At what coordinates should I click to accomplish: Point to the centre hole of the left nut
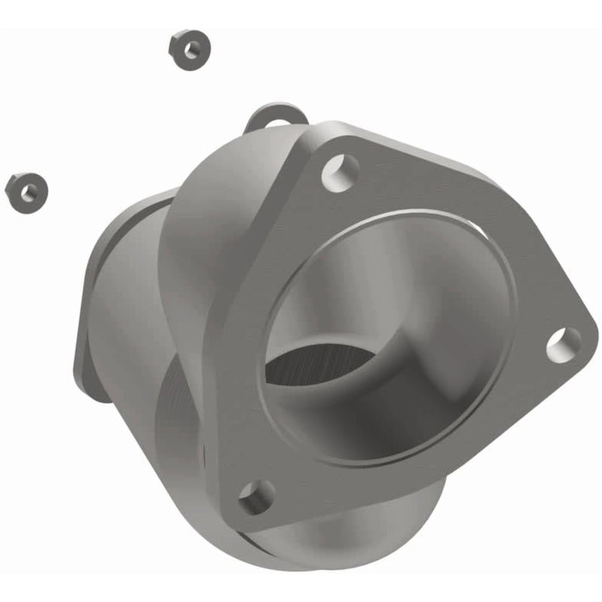[x=28, y=191]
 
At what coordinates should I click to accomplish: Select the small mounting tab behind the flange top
[x=277, y=117]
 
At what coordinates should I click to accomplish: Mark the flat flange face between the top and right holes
[x=451, y=203]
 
